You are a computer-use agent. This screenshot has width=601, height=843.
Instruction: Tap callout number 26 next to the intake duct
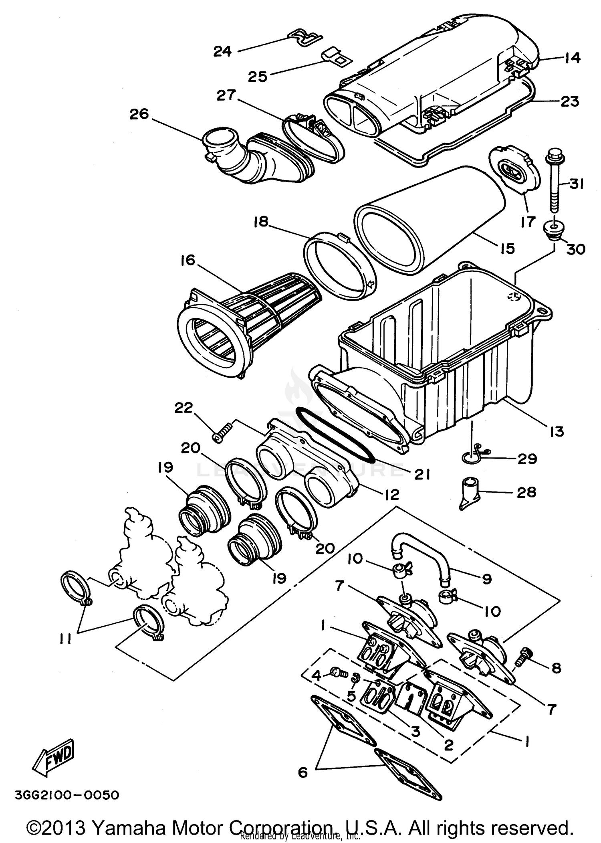pyautogui.click(x=139, y=114)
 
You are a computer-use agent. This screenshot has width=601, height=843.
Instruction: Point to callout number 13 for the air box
pyautogui.click(x=557, y=431)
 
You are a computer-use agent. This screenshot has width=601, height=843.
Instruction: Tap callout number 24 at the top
pyautogui.click(x=222, y=51)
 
